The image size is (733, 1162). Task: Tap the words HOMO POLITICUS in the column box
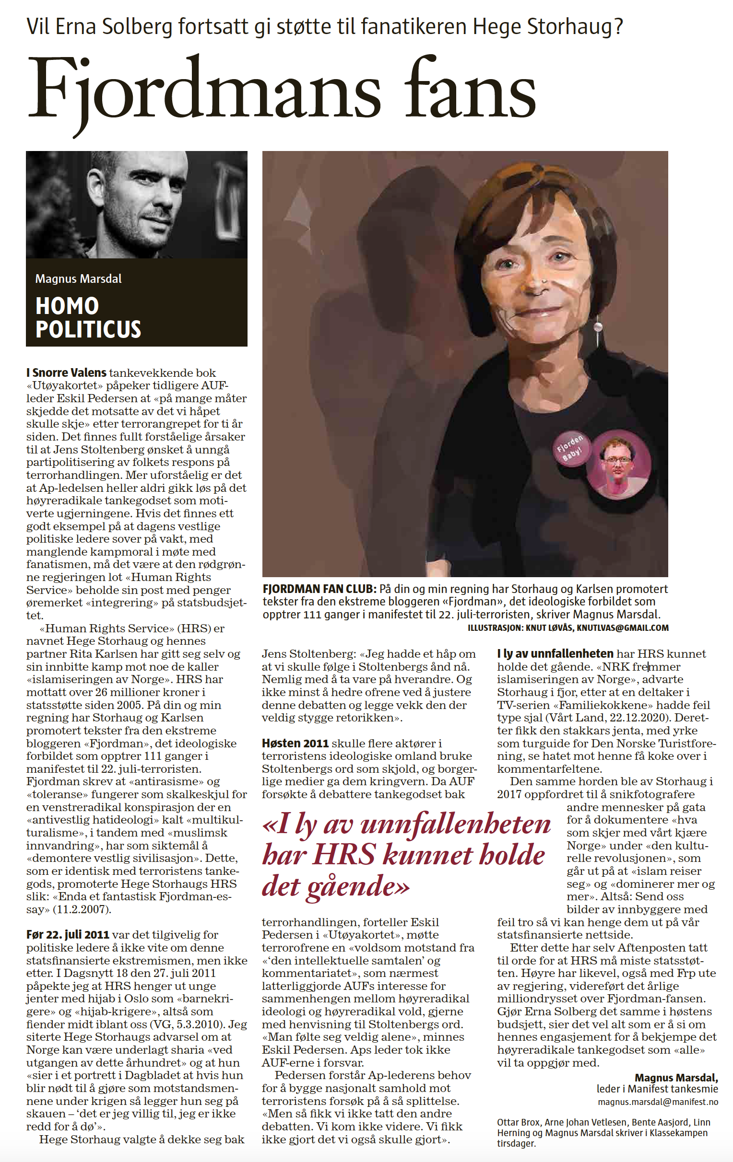pyautogui.click(x=88, y=317)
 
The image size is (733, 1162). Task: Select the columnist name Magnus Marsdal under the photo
pyautogui.click(x=78, y=279)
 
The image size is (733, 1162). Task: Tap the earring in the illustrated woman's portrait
pyautogui.click(x=598, y=329)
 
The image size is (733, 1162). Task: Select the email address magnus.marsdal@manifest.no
pyautogui.click(x=658, y=1102)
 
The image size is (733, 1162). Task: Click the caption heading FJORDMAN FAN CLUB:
pyautogui.click(x=319, y=589)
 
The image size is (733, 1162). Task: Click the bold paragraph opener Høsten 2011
pyautogui.click(x=295, y=743)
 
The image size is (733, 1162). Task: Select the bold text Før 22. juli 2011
pyautogui.click(x=68, y=934)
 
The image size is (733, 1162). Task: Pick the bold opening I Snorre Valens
pyautogui.click(x=66, y=372)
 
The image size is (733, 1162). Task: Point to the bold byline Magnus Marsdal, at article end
pyautogui.click(x=676, y=1078)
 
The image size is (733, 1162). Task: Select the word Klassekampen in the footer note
pyautogui.click(x=681, y=1133)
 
